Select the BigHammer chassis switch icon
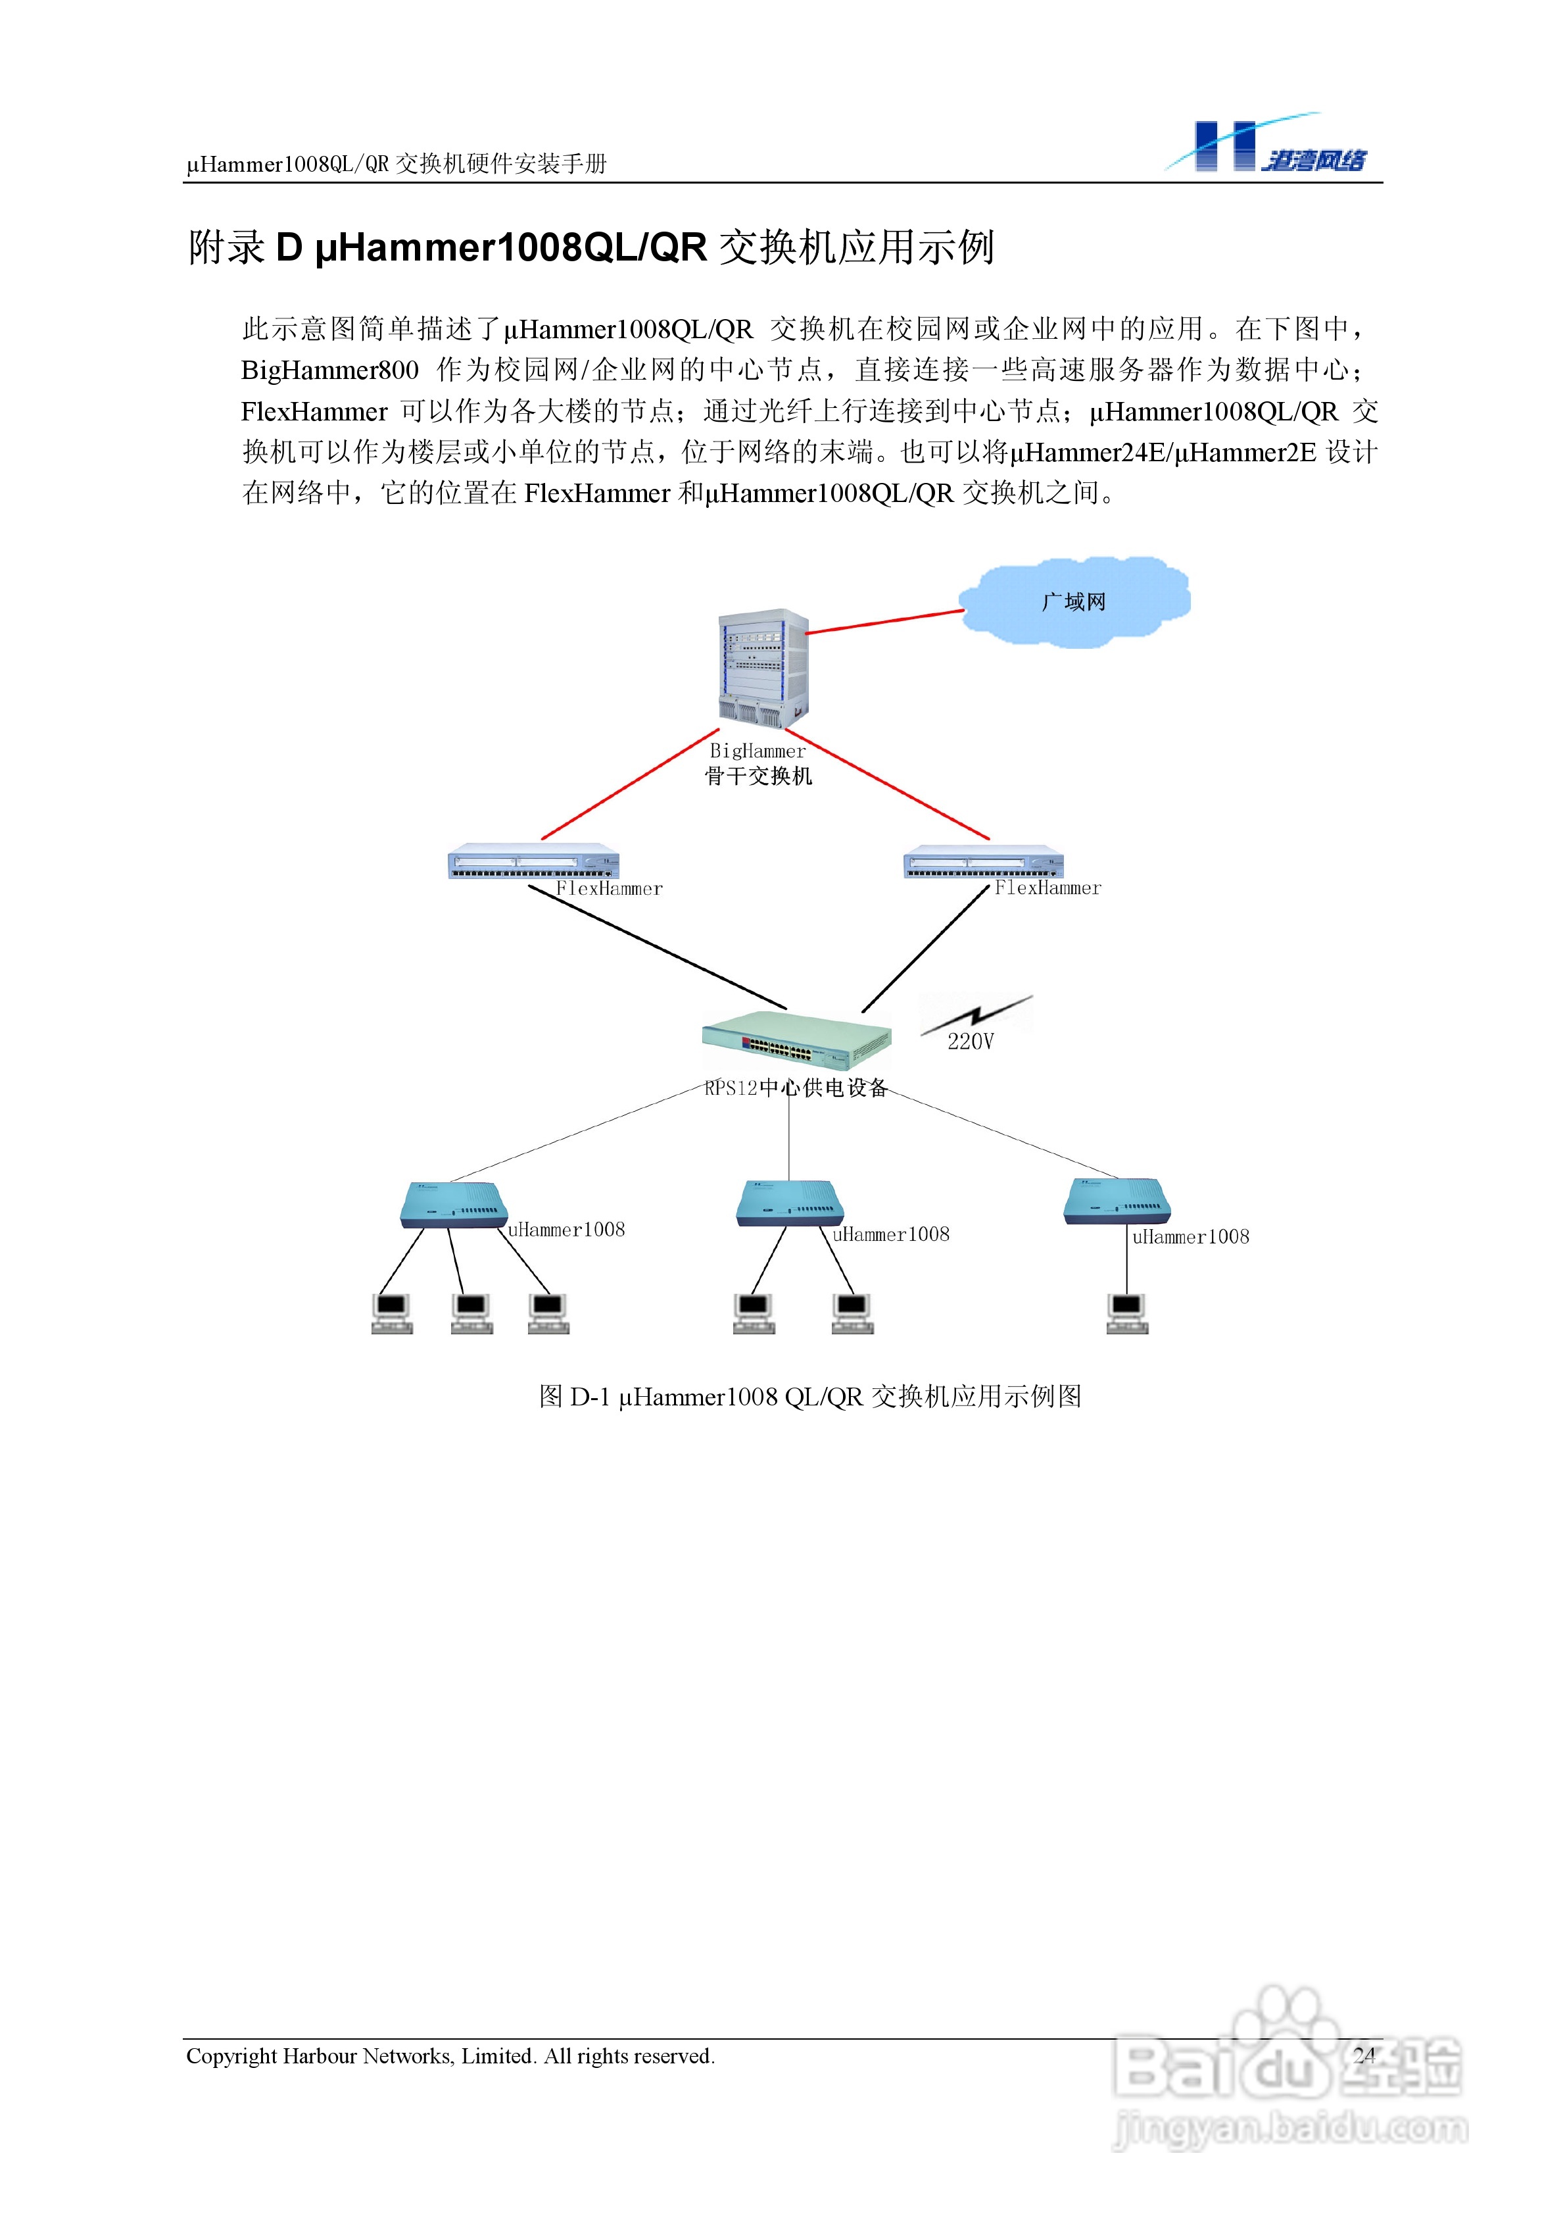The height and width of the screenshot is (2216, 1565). (762, 669)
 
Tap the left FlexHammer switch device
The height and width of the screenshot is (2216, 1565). (533, 862)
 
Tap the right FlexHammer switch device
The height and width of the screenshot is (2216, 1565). (983, 862)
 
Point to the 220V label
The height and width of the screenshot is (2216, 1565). (970, 1042)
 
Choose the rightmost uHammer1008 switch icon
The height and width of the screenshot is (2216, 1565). (1117, 1201)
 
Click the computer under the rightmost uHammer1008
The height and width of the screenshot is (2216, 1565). (1127, 1313)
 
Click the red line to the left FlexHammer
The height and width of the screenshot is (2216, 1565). (630, 784)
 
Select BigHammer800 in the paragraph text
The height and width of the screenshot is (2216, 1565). (329, 370)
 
